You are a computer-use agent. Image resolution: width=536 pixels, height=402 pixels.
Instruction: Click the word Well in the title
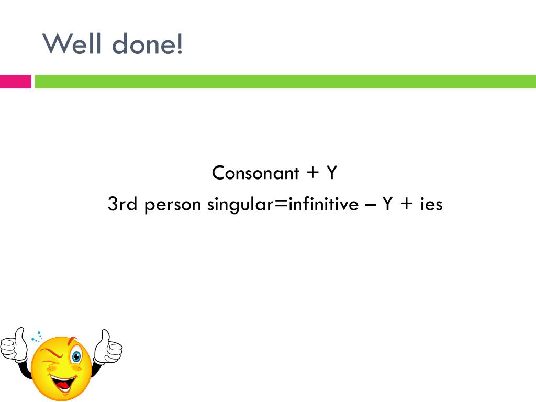point(72,44)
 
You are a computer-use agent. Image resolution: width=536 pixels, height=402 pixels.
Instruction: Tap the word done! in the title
point(148,44)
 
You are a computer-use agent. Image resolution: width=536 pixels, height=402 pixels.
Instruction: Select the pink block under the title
point(15,82)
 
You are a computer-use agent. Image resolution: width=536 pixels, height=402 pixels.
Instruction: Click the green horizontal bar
point(285,82)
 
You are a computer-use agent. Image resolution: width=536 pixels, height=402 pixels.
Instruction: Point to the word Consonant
point(256,173)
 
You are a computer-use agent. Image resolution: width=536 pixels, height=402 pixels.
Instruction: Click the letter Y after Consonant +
point(331,173)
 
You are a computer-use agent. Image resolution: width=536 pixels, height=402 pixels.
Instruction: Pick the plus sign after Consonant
point(312,173)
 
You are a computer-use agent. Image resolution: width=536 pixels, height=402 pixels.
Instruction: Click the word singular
point(240,205)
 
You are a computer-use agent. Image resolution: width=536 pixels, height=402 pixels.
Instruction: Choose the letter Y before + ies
point(387,204)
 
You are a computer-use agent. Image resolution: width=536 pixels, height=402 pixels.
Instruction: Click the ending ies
point(431,204)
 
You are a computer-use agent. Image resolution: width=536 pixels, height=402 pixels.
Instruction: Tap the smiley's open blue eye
point(76,357)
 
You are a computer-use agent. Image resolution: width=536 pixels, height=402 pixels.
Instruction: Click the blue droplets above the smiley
point(37,337)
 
